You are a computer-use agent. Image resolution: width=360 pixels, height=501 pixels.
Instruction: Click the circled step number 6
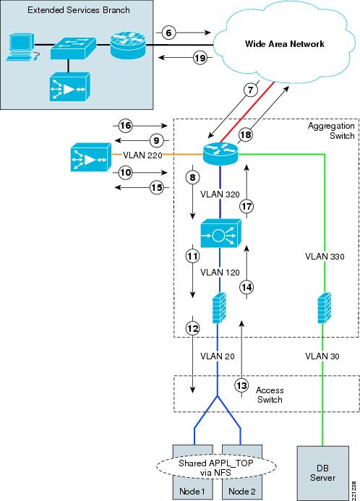pyautogui.click(x=168, y=33)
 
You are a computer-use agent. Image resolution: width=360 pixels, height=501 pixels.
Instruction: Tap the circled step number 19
pyautogui.click(x=200, y=58)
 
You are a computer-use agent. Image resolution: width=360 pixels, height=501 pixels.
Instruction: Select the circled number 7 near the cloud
pyautogui.click(x=250, y=90)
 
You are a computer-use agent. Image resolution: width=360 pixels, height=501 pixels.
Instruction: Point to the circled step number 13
pyautogui.click(x=241, y=385)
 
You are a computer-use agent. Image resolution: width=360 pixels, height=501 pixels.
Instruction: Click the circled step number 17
pyautogui.click(x=247, y=207)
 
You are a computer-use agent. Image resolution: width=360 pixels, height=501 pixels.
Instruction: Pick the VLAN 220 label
pyautogui.click(x=142, y=155)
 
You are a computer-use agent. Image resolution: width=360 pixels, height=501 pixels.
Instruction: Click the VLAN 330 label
pyautogui.click(x=325, y=256)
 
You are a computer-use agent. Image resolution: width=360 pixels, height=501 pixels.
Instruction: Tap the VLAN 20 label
pyautogui.click(x=217, y=356)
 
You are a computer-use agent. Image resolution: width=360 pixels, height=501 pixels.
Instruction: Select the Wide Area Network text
pyautogui.click(x=284, y=44)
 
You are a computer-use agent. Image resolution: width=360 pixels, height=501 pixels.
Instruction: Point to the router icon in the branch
pyautogui.click(x=128, y=46)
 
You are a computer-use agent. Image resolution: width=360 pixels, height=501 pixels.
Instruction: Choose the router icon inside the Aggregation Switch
pyautogui.click(x=220, y=154)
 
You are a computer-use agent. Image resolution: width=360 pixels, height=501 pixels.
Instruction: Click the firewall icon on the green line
pyautogui.click(x=325, y=308)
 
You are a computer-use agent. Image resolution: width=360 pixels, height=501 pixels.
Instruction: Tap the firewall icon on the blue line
pyautogui.click(x=219, y=308)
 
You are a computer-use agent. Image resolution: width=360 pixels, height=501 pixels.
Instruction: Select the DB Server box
pyautogui.click(x=322, y=474)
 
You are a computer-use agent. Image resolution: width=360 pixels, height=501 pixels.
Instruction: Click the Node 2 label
pyautogui.click(x=242, y=491)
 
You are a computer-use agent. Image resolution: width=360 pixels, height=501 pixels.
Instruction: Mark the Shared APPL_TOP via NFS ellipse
pyautogui.click(x=216, y=467)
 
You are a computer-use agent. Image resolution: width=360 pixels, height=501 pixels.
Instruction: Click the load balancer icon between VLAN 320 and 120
pyautogui.click(x=220, y=233)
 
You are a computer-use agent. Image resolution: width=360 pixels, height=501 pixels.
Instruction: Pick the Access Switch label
pyautogui.click(x=270, y=395)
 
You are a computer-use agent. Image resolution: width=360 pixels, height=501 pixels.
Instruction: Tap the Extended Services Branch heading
pyautogui.click(x=79, y=10)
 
